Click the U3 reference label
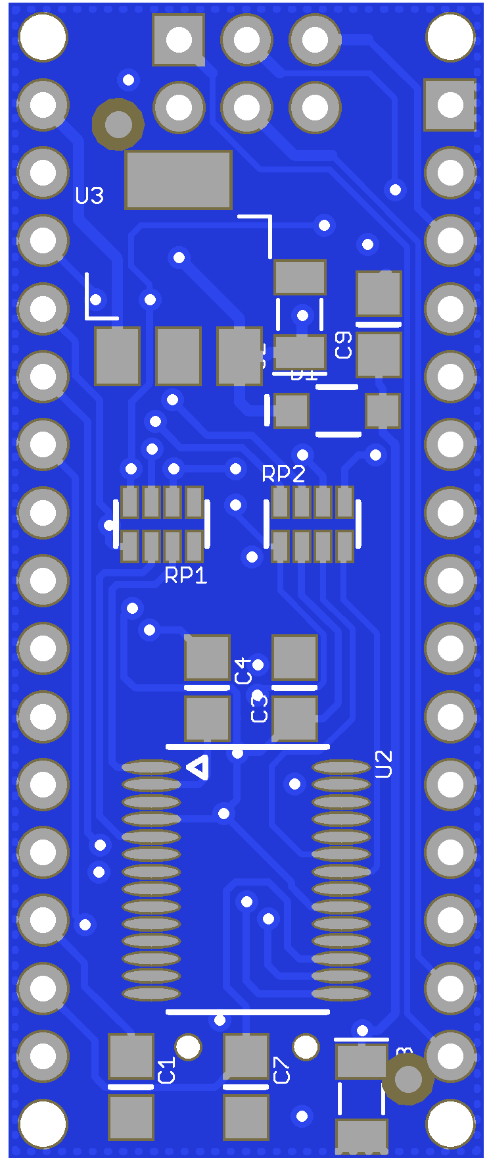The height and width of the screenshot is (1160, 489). pyautogui.click(x=89, y=195)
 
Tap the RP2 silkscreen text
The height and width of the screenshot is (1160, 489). pyautogui.click(x=283, y=474)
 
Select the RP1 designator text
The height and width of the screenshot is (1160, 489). pyautogui.click(x=185, y=575)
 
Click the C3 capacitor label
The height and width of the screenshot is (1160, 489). pyautogui.click(x=260, y=709)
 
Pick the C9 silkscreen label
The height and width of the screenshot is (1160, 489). pyautogui.click(x=344, y=345)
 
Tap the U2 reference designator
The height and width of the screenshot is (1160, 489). pyautogui.click(x=383, y=764)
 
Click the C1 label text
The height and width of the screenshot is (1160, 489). pyautogui.click(x=167, y=1070)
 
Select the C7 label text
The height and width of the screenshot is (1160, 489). pyautogui.click(x=281, y=1070)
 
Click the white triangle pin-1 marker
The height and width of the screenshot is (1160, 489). pyautogui.click(x=198, y=767)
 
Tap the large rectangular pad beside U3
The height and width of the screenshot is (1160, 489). pyautogui.click(x=178, y=180)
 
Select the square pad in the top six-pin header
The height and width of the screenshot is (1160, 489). pyautogui.click(x=179, y=39)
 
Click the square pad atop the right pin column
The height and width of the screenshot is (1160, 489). pyautogui.click(x=450, y=105)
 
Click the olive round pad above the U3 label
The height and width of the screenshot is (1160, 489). pyautogui.click(x=118, y=124)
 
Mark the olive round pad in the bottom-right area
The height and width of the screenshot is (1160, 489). pyautogui.click(x=407, y=1078)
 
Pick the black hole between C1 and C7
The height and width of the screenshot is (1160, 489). pyautogui.click(x=189, y=1047)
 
